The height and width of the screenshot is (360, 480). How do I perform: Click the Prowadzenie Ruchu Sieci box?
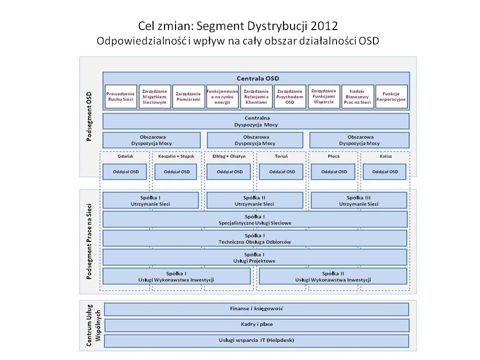(x=120, y=96)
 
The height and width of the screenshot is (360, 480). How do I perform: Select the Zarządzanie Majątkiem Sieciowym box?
(x=154, y=96)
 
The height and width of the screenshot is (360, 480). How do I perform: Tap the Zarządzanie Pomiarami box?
(x=188, y=96)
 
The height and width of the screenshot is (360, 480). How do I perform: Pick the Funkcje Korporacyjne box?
(x=391, y=96)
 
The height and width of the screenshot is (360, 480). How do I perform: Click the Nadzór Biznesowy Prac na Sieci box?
(x=357, y=96)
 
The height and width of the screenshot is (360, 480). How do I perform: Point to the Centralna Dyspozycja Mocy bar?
(x=256, y=121)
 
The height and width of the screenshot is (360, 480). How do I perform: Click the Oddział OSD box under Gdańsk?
(x=125, y=171)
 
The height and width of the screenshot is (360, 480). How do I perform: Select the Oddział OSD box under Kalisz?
(x=385, y=171)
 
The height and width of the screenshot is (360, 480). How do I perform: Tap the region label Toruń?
(x=281, y=156)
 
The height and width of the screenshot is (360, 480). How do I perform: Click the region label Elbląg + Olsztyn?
(x=228, y=156)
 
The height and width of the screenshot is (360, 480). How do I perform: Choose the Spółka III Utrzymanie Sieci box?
(x=358, y=200)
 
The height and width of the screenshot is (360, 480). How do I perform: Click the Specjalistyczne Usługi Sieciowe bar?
(x=255, y=219)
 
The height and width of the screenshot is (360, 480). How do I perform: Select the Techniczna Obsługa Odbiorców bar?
(x=255, y=238)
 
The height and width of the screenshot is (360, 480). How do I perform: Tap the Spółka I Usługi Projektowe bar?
(x=255, y=257)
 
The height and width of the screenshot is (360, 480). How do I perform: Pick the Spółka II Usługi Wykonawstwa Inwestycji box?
(x=333, y=276)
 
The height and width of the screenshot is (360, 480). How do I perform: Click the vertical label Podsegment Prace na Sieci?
(x=89, y=241)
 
